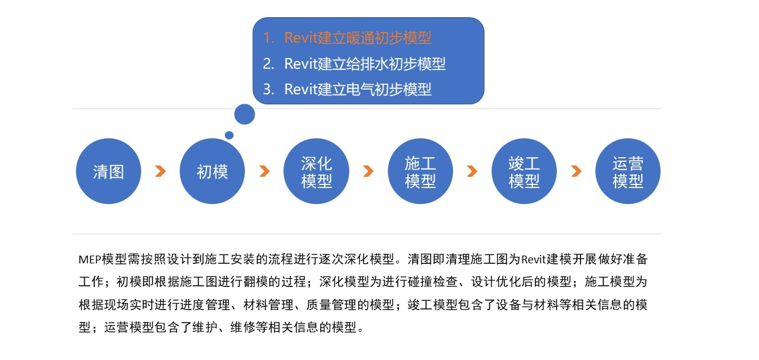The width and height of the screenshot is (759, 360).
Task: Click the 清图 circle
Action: point(109,171)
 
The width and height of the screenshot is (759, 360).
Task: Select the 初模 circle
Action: point(212,171)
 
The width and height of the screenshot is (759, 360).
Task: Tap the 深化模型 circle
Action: point(317,171)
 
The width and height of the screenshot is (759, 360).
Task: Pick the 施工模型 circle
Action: point(420,171)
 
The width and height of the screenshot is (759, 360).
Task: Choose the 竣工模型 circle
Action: point(524,171)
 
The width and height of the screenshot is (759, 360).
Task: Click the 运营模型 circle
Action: point(628,171)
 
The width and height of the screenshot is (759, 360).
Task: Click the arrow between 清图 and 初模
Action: point(161,171)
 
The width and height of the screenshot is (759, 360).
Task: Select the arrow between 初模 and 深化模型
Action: point(264,171)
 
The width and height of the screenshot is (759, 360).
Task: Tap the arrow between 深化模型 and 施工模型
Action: point(368,171)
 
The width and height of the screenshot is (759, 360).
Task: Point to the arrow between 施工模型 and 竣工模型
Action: point(472,171)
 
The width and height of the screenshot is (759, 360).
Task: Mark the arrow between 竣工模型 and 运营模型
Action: point(576,171)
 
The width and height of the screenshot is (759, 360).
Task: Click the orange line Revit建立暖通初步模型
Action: point(358,37)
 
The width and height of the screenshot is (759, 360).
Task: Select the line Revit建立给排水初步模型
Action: point(365,63)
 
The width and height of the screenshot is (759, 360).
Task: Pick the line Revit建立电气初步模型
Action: point(358,89)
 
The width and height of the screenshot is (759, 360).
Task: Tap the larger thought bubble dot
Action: point(245,114)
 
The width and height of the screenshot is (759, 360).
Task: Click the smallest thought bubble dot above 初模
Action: point(229,135)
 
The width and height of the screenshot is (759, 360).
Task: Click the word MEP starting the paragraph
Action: point(90,260)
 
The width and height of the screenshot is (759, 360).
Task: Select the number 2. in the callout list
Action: point(269,64)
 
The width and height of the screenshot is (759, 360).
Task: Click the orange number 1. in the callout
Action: point(269,38)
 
